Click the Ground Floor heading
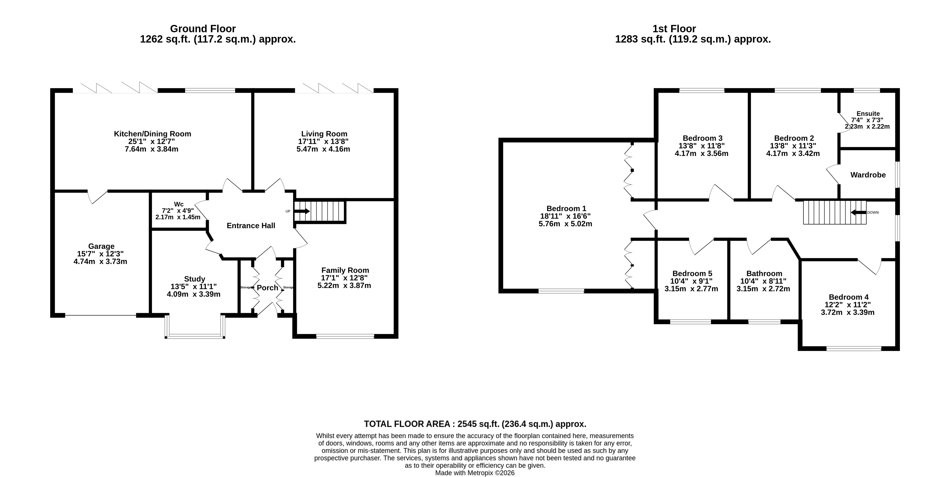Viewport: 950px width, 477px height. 203,29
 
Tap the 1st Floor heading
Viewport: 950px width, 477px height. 674,29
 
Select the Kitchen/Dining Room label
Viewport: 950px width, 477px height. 152,134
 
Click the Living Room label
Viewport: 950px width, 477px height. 324,134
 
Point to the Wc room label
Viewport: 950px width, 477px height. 179,204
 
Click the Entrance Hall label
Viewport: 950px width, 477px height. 251,226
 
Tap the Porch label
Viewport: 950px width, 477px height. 267,288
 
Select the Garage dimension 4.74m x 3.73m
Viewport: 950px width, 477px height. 100,262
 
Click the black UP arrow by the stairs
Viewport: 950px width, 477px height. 302,211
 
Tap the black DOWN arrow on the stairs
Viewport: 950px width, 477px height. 858,212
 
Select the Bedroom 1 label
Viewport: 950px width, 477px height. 566,208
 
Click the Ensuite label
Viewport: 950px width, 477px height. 868,114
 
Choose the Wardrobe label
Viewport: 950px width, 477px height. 868,175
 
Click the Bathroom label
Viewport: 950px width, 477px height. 764,273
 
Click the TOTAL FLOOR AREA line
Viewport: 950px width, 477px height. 475,424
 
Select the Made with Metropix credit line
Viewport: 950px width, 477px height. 475,473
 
